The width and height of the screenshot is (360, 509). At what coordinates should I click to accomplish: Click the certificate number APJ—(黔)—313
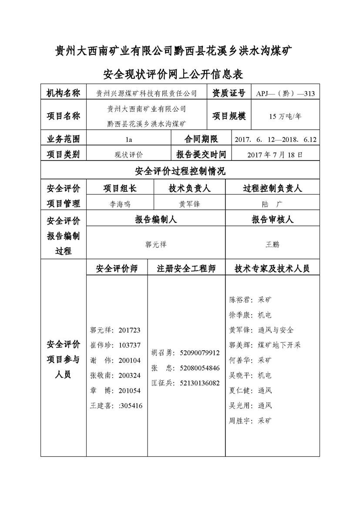pos(285,94)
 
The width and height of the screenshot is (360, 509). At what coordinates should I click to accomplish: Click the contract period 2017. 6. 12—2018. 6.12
pos(275,140)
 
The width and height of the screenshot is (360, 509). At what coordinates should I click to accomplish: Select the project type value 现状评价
pos(128,154)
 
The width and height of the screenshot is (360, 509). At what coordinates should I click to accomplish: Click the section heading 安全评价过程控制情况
pos(180,171)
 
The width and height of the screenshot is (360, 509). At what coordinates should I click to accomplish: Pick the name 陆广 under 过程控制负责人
pos(273,204)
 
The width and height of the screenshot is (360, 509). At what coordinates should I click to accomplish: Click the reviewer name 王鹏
pos(273,244)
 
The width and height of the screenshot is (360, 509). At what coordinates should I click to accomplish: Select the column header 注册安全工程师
pos(186,269)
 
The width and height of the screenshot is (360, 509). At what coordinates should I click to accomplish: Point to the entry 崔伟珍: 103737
pos(115,345)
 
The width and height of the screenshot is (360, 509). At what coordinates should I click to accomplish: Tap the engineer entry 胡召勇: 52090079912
pos(185,353)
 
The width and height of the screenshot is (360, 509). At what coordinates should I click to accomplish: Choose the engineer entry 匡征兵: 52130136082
pos(185,383)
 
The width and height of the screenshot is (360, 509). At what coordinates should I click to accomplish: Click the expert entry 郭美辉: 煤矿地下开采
pos(265,345)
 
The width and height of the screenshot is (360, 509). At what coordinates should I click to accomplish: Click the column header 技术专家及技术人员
pos(272,269)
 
